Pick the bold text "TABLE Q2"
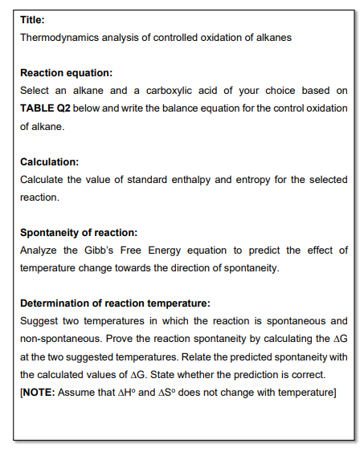tap(47, 108)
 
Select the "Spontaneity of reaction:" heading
tap(79, 233)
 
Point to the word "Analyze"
tap(39, 250)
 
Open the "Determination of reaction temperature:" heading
tap(115, 303)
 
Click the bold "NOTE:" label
tap(38, 392)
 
